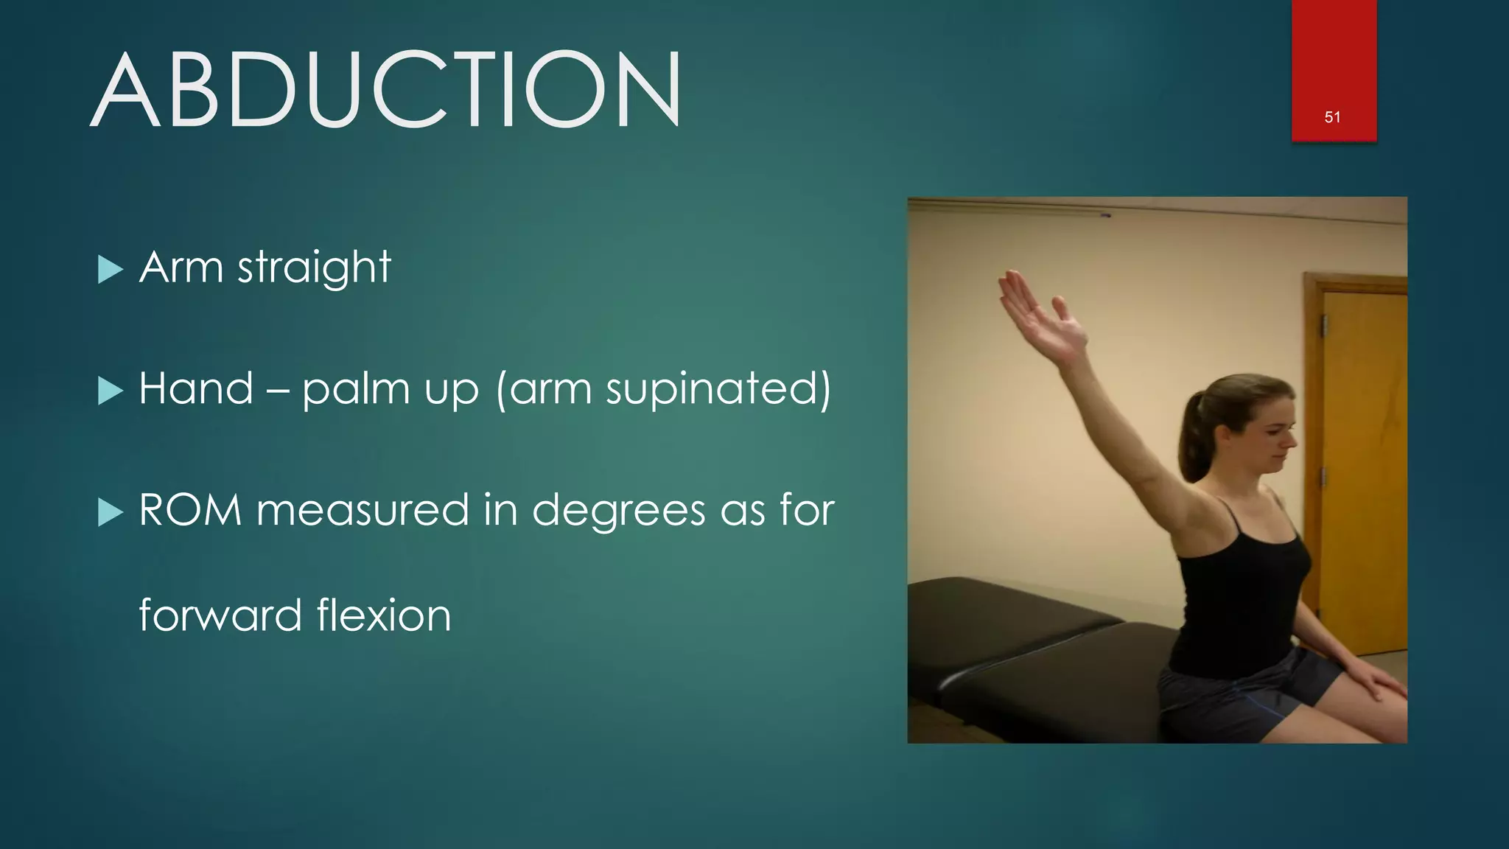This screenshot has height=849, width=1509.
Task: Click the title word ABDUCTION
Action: coord(386,90)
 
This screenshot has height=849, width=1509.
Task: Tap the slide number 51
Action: coord(1332,117)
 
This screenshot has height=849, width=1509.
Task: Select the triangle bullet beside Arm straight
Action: coord(110,270)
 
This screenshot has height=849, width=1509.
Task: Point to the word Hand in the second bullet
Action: coord(196,388)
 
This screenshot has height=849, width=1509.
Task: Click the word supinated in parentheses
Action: coord(711,390)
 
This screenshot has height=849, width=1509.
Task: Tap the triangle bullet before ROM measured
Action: coord(110,512)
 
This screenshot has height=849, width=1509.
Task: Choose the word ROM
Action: coord(190,510)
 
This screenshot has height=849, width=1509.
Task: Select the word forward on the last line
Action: coord(220,615)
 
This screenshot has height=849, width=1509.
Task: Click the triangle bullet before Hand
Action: coord(110,391)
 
